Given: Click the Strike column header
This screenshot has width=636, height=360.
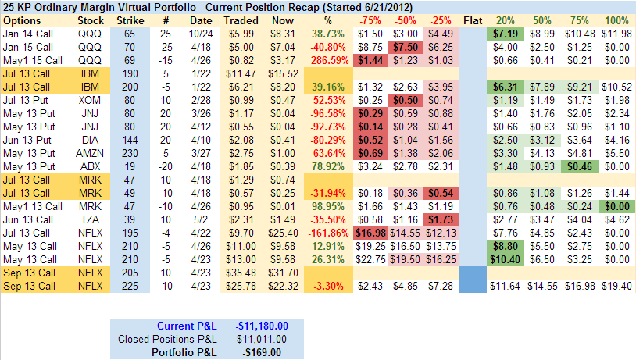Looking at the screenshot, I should (129, 20).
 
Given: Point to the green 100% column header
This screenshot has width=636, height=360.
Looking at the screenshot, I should (616, 20).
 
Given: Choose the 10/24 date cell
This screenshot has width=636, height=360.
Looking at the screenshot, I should (201, 34).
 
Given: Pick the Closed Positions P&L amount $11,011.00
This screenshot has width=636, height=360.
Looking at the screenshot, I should (261, 339).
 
